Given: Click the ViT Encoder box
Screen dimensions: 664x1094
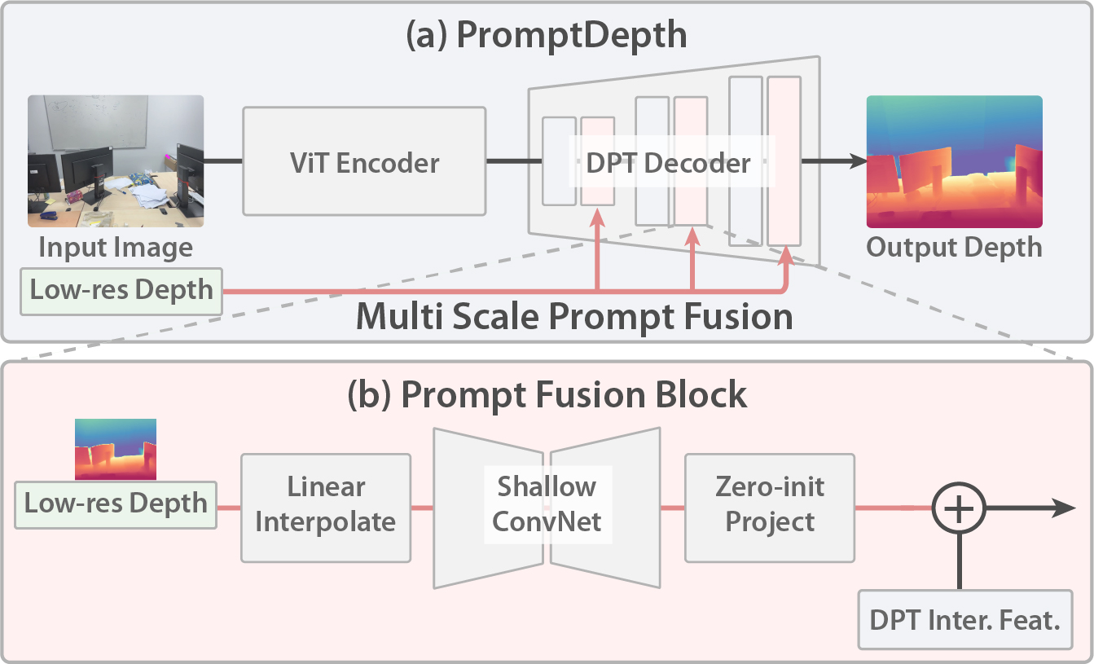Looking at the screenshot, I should (x=364, y=161).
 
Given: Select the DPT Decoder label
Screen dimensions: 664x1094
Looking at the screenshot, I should (x=669, y=162).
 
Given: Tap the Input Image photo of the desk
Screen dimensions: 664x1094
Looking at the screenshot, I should (x=116, y=161).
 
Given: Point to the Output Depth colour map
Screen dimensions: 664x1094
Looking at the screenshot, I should (x=954, y=161).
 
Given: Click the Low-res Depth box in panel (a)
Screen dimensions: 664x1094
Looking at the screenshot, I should (x=121, y=290).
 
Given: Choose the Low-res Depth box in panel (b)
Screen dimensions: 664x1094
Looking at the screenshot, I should (x=116, y=503).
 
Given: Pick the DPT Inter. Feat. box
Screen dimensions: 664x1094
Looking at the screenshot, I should (x=965, y=622).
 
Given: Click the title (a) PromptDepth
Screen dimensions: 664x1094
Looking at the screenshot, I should (x=547, y=37).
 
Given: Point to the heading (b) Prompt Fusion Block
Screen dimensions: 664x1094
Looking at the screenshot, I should (x=547, y=394).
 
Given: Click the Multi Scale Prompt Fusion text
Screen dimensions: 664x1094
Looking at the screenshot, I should (x=574, y=316).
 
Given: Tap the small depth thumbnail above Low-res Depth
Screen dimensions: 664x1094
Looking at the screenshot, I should (x=116, y=450).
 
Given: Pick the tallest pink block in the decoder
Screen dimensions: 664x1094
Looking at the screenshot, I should (x=784, y=161).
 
